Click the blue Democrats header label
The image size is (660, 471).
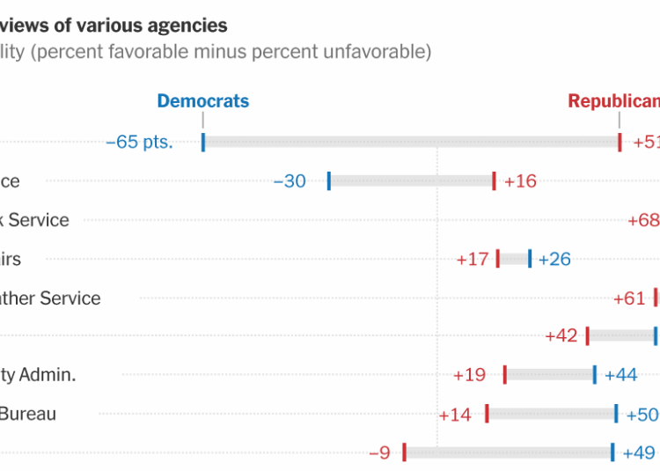click(202, 100)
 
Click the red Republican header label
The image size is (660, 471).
click(613, 100)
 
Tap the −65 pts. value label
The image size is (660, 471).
click(139, 142)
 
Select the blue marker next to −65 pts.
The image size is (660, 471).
click(203, 142)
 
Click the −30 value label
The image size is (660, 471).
click(290, 181)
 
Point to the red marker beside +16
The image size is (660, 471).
click(494, 180)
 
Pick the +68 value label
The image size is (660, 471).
click(643, 220)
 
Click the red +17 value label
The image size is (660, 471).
click(473, 259)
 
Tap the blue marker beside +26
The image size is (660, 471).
click(530, 258)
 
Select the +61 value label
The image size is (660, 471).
click(629, 298)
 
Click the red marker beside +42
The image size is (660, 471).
click(587, 335)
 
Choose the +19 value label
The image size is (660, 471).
click(469, 375)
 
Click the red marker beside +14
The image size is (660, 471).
click(487, 413)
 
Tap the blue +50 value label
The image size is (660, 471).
click(642, 414)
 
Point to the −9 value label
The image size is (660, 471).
click(378, 453)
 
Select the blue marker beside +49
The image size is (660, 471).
click(612, 452)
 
